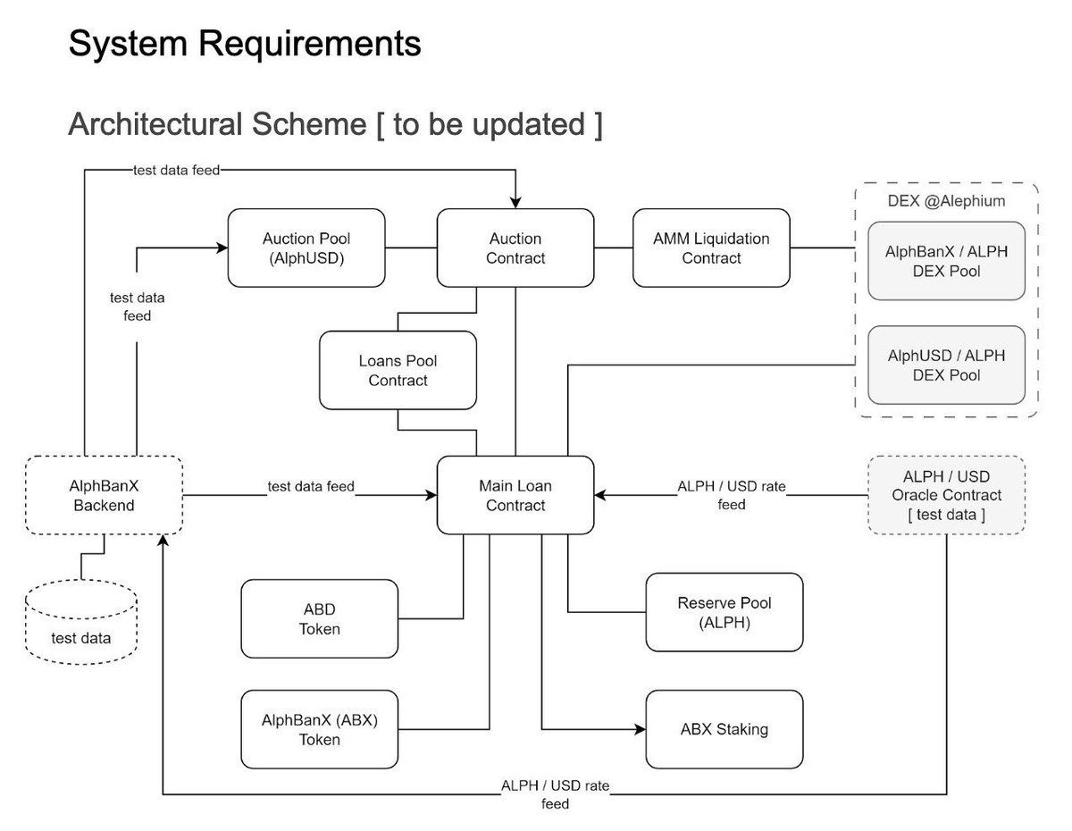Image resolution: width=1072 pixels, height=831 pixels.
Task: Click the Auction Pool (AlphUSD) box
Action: [306, 248]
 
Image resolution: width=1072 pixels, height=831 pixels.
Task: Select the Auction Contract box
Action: [515, 248]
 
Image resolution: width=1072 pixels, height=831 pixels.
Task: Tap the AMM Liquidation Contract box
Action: [711, 248]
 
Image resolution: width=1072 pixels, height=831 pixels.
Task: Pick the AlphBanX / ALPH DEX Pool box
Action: [946, 260]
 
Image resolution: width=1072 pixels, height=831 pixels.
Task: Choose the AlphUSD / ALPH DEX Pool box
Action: [946, 365]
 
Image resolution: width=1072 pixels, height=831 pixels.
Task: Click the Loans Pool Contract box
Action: [398, 370]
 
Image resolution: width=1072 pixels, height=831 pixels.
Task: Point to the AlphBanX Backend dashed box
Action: [104, 495]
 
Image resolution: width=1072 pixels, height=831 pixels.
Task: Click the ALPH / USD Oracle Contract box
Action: [946, 495]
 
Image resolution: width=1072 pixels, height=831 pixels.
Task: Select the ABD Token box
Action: [319, 618]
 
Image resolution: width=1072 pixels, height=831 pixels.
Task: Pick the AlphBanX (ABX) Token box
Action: [319, 729]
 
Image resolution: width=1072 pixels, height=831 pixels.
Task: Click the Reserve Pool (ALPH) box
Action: [724, 613]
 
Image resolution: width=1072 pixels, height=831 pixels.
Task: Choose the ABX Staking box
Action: [724, 729]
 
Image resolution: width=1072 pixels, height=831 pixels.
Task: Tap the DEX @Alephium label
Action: [946, 202]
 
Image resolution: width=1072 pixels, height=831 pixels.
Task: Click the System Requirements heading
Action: [245, 43]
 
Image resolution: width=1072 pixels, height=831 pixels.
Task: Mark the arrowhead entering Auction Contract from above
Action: [515, 202]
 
